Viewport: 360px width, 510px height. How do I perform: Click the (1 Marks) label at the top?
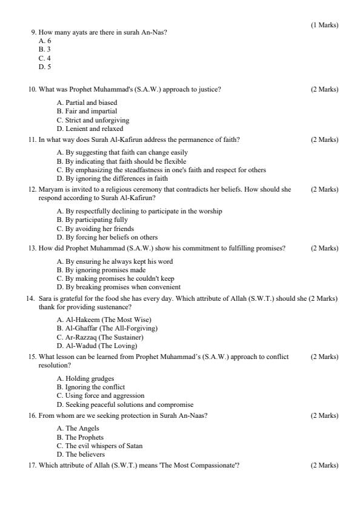[324, 25]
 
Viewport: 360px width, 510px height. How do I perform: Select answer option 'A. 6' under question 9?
[45, 41]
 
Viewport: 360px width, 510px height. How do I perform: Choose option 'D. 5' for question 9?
[45, 67]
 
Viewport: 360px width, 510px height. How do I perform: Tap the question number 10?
[32, 89]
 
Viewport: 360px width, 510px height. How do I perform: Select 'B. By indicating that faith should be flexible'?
[121, 161]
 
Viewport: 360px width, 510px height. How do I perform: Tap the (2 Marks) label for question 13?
[324, 248]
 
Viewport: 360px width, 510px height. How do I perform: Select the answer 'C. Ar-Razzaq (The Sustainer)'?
[100, 337]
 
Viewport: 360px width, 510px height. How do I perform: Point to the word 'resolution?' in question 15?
[53, 365]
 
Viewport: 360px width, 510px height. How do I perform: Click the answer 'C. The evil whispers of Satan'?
[99, 446]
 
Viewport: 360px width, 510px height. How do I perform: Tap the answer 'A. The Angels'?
[78, 428]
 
